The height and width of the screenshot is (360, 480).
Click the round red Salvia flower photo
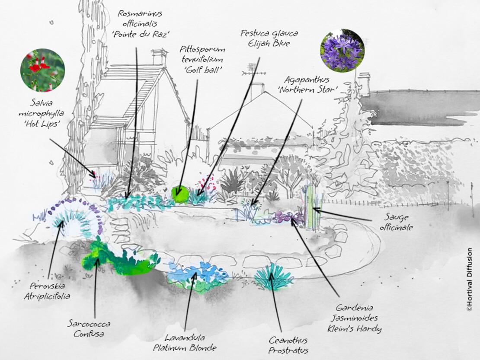coord(42,70)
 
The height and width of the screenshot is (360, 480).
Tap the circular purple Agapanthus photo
coord(342,51)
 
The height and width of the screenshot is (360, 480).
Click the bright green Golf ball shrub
coord(181,194)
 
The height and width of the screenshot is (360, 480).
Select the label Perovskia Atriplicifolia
coord(50,291)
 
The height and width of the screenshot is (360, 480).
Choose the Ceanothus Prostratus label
coord(288,345)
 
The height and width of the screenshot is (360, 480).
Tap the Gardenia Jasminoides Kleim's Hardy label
coord(359,319)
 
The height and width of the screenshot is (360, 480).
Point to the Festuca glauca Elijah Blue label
coord(269,38)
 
